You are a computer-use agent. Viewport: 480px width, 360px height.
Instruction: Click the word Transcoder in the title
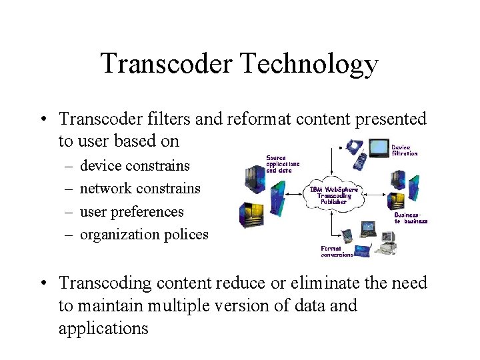coord(165,64)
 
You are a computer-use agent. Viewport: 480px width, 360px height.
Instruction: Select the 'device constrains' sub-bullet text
coord(135,165)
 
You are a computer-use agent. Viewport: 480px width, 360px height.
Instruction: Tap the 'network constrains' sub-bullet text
coord(140,188)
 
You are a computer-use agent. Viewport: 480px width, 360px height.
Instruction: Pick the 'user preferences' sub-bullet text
coord(131,211)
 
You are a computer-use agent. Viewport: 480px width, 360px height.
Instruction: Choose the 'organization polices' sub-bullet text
coord(144,234)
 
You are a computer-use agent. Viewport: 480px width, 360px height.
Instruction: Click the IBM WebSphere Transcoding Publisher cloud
coord(333,193)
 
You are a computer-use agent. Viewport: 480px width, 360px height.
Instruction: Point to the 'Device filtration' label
coord(404,150)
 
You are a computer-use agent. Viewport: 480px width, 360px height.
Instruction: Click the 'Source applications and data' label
coord(283,164)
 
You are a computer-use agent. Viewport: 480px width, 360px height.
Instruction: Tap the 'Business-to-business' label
coord(410,218)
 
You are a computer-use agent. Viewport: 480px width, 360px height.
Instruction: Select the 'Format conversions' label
coord(337,251)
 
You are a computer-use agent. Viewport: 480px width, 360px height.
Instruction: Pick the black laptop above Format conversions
coord(368,230)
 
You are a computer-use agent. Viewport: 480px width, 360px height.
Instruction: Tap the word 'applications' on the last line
coord(103,329)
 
